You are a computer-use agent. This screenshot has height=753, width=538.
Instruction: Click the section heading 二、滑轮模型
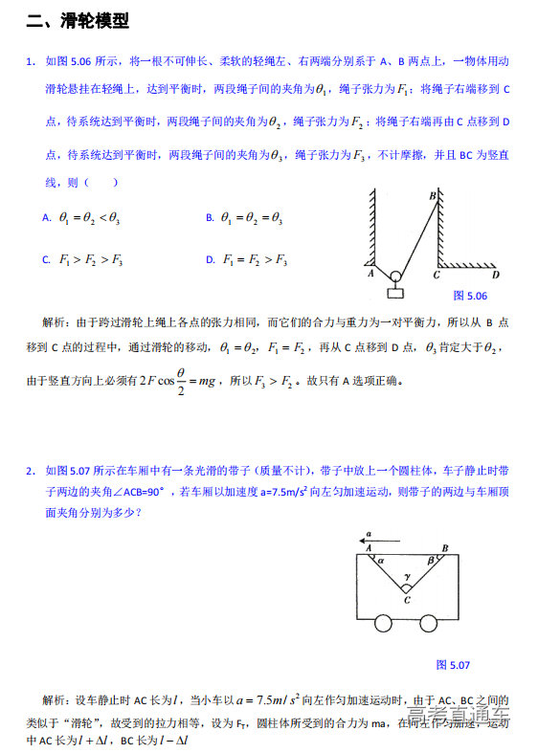[x=78, y=21]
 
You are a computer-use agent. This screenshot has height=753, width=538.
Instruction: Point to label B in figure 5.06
[x=432, y=196]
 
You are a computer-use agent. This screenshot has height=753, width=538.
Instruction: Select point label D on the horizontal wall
[x=495, y=275]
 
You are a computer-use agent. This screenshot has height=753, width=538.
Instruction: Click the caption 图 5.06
[x=470, y=296]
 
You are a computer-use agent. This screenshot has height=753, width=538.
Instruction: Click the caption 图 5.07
[x=453, y=664]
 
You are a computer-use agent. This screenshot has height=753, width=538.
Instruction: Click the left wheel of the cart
[x=383, y=624]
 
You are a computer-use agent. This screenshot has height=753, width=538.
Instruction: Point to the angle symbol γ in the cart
[x=407, y=577]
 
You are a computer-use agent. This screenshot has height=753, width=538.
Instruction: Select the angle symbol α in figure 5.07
[x=380, y=563]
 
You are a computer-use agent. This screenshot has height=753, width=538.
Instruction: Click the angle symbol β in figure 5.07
[x=432, y=563]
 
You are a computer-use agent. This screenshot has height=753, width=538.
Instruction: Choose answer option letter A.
[x=46, y=218]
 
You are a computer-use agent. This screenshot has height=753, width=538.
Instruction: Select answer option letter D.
[x=210, y=259]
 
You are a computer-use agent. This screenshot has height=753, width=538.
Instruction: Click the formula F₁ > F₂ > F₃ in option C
[x=91, y=259]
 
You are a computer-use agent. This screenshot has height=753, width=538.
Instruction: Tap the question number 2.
[x=31, y=470]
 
